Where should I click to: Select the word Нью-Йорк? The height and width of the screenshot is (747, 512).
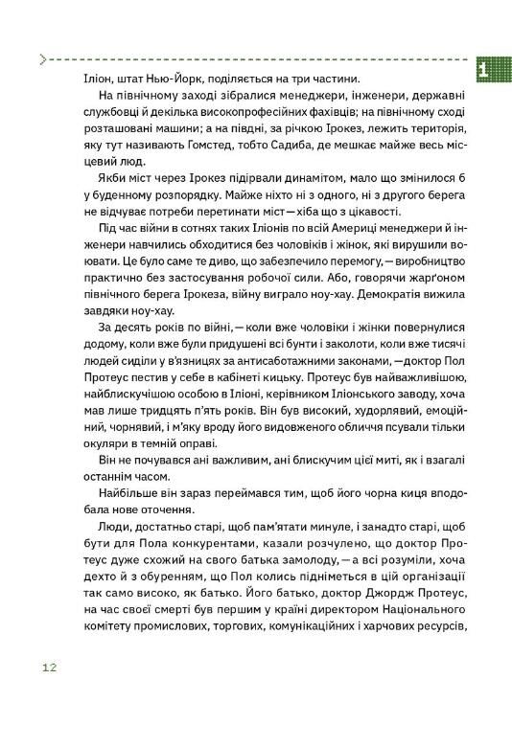[x=157, y=78]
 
